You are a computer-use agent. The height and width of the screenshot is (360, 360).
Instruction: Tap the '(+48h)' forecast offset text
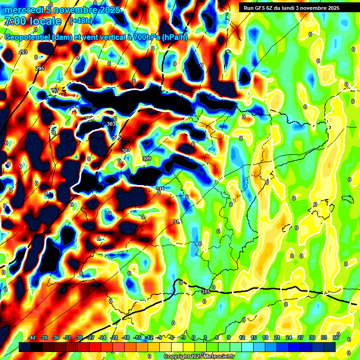[81, 21]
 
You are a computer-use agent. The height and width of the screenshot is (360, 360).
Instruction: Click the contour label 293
[23, 52]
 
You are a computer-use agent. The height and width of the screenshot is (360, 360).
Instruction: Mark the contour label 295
[40, 68]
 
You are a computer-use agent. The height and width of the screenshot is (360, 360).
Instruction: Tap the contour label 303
[111, 124]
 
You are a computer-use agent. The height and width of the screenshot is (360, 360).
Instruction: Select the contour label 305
[117, 138]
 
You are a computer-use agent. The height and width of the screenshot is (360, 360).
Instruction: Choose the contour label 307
[126, 151]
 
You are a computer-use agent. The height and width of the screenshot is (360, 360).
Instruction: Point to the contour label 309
[147, 159]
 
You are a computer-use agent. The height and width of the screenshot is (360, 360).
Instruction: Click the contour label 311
[160, 189]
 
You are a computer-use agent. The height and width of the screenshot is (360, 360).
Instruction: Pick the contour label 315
[206, 292]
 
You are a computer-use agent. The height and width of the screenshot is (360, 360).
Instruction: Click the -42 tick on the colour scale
[32, 337]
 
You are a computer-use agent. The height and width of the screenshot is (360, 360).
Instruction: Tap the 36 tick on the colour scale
[336, 337]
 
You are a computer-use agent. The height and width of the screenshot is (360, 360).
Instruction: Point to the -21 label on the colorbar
[114, 337]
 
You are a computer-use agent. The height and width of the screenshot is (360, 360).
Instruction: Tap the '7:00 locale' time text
[33, 22]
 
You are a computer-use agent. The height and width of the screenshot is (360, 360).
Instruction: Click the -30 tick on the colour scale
[79, 337]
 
